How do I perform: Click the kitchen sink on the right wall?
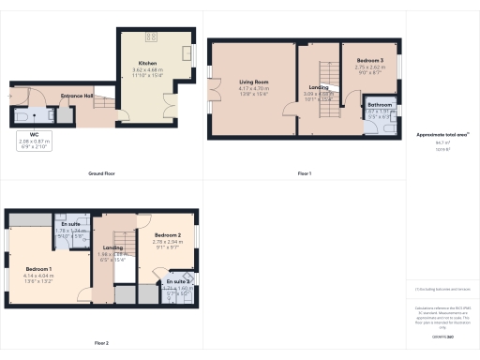point(187,52)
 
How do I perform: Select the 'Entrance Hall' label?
point(76,96)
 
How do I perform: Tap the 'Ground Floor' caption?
point(101,173)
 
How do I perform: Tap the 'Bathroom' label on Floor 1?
point(379,104)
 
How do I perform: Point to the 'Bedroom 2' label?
point(167,235)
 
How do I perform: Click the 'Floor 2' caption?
point(101,343)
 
